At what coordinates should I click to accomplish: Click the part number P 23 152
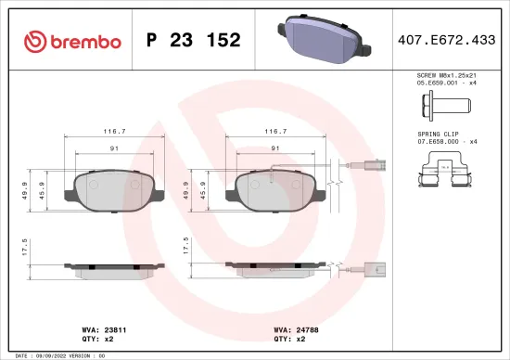click(194, 40)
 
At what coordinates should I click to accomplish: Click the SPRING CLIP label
click(438, 134)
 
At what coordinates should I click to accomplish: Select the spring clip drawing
click(446, 174)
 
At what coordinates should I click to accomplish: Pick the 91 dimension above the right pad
click(274, 148)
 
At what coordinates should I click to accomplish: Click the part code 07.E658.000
click(440, 141)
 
